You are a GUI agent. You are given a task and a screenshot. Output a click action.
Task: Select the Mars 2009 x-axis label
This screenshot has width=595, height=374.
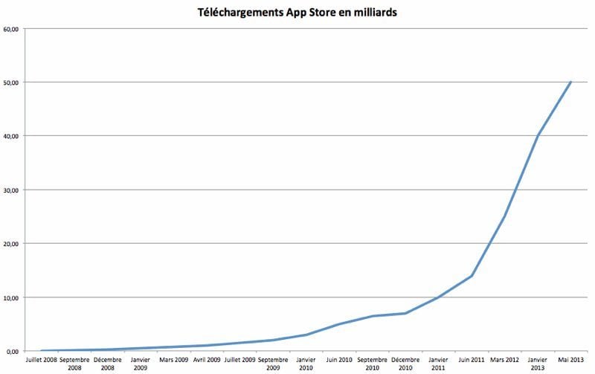tap(174, 360)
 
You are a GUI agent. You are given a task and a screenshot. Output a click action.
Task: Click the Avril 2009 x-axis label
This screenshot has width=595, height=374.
tap(207, 360)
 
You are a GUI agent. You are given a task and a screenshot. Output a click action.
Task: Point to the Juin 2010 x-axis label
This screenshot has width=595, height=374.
tap(339, 360)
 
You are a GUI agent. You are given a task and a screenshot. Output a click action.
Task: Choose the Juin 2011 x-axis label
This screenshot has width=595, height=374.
tap(472, 360)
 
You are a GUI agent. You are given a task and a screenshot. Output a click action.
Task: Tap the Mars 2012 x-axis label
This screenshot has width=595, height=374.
tap(504, 360)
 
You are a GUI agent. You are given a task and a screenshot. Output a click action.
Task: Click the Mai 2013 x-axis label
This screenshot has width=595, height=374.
tap(570, 360)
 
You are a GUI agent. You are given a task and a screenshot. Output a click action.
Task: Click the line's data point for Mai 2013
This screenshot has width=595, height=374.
tap(570, 82)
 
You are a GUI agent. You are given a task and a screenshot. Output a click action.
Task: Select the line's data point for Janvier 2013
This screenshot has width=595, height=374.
tap(538, 136)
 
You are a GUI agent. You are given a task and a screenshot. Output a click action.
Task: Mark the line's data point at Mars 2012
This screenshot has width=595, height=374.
tap(504, 217)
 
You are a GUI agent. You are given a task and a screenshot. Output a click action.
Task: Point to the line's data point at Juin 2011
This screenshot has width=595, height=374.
tap(472, 276)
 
